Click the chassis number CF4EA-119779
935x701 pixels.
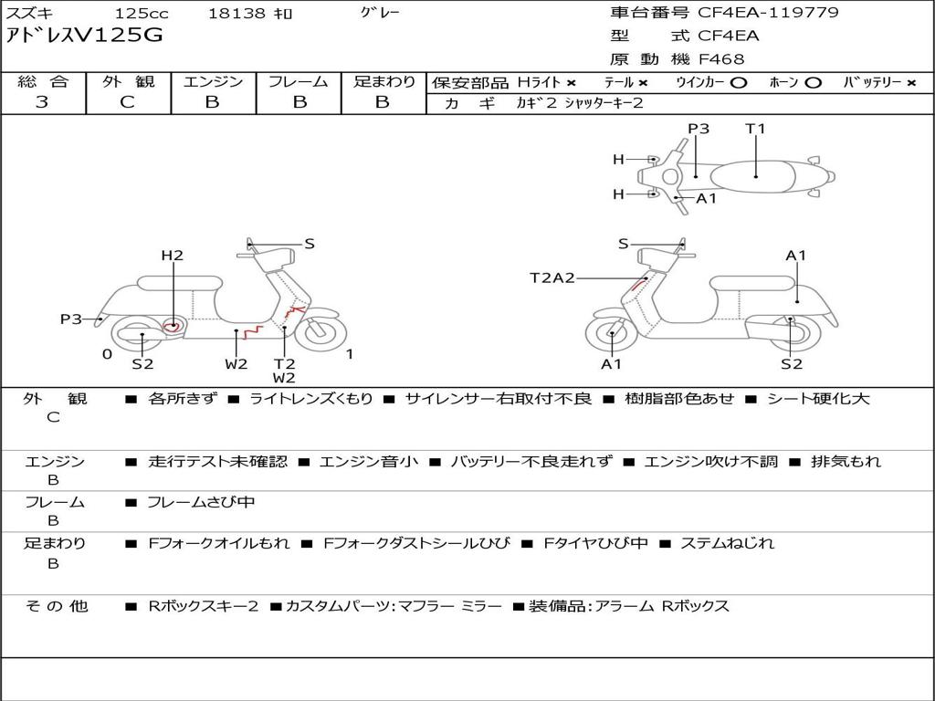768,13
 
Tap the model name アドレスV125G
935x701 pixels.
84,36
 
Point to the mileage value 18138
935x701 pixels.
236,13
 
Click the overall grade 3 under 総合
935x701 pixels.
42,102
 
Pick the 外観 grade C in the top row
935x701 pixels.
127,102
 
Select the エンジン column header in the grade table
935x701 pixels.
213,81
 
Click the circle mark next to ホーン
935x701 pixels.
812,83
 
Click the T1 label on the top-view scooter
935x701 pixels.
755,128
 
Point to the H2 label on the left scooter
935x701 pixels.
173,256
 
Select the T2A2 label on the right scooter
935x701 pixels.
552,277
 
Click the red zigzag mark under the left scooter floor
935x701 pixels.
252,332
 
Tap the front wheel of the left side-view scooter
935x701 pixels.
320,330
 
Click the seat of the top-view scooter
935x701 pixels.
752,177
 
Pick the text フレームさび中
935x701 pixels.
201,503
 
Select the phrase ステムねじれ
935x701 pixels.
727,543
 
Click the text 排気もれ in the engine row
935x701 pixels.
846,461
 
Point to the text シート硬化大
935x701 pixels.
818,398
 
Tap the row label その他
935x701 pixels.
57,606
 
